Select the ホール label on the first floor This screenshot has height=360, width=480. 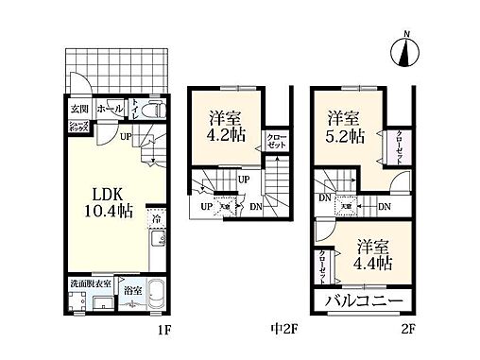(110, 110)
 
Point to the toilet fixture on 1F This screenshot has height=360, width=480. (157, 111)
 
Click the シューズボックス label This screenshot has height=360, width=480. (77, 128)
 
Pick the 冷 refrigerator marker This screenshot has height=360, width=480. (157, 219)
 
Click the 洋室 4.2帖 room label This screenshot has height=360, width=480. (227, 127)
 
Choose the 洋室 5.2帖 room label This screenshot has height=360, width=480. (346, 127)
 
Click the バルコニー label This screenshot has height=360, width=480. (364, 303)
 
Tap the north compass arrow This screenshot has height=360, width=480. (405, 52)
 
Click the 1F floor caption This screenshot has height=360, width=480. (163, 331)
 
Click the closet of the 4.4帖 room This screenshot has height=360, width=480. (323, 264)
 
